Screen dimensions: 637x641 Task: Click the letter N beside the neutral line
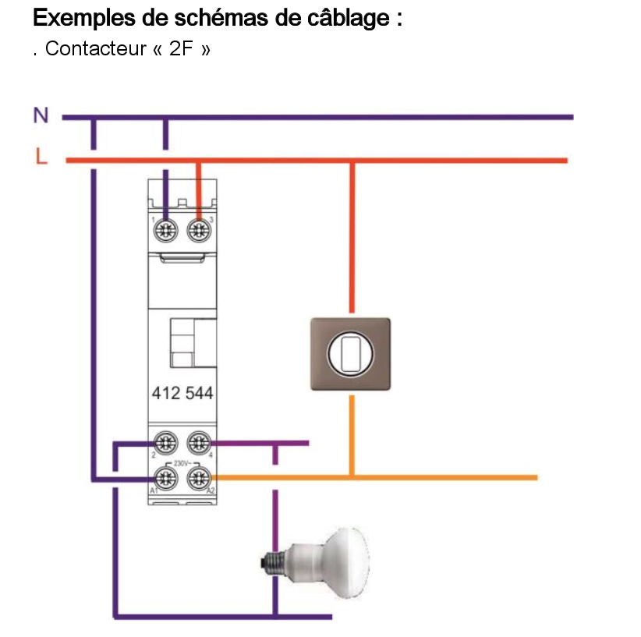click(41, 115)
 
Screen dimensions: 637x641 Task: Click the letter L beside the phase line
click(41, 157)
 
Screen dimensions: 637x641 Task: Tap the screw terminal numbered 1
click(165, 229)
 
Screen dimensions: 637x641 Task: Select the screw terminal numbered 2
click(165, 443)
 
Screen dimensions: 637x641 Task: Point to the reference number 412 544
click(181, 393)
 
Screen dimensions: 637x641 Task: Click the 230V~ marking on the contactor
click(182, 461)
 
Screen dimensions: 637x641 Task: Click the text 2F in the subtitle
click(181, 48)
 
